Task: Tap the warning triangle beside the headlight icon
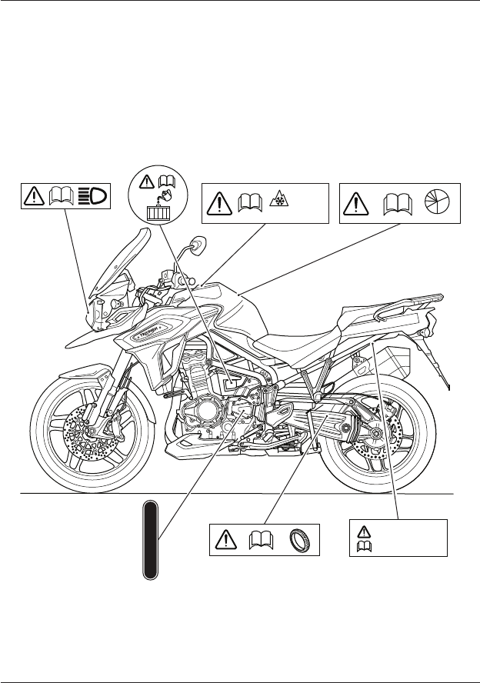tap(35, 197)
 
